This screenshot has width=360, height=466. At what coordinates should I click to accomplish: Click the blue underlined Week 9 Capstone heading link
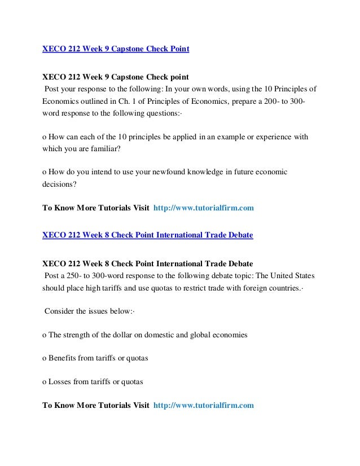point(116,49)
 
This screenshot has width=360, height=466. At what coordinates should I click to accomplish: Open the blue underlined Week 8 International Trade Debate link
point(148,235)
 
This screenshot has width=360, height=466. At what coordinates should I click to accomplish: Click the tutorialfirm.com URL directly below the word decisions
point(203,208)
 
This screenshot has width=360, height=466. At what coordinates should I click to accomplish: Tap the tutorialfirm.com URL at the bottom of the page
point(203,405)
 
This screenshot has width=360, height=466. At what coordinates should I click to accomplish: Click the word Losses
point(60,381)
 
